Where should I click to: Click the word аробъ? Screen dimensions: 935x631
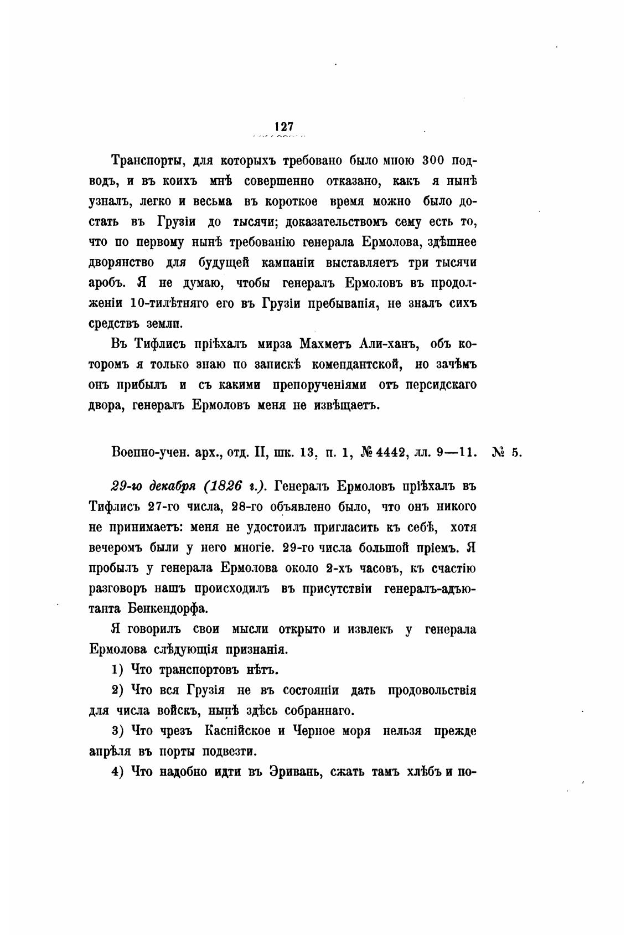point(107,282)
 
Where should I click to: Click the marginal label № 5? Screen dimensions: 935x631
point(506,452)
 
